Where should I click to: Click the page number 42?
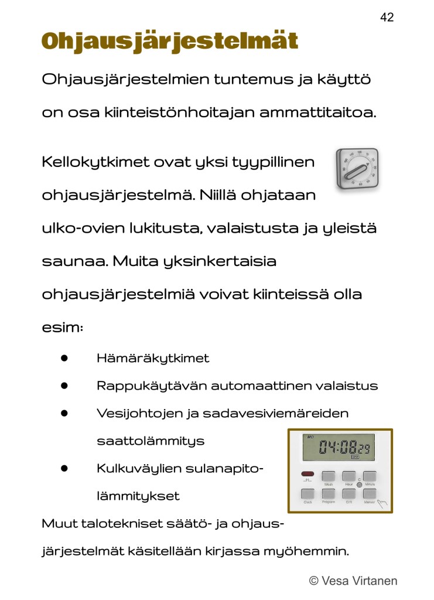click(387, 18)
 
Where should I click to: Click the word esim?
click(62, 328)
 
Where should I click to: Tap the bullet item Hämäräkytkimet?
click(152, 358)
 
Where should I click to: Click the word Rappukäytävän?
click(151, 386)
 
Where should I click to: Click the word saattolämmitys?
click(151, 441)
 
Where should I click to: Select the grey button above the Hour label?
click(349, 476)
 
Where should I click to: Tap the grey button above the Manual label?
click(369, 493)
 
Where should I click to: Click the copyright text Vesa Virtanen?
click(353, 581)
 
